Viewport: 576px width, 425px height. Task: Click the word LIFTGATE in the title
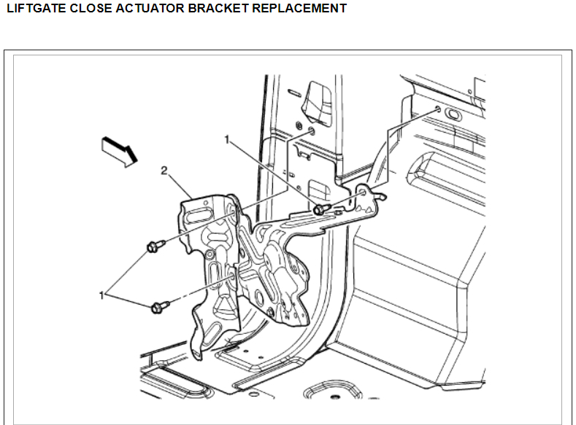(x=32, y=9)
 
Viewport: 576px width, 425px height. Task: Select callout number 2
(x=164, y=171)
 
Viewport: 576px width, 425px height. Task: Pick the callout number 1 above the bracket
(x=227, y=138)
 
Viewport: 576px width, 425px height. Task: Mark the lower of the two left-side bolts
(x=158, y=308)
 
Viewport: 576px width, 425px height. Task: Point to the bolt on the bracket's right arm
(x=320, y=209)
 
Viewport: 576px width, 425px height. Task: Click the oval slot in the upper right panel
(x=450, y=114)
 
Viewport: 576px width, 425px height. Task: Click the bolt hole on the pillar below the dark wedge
(x=311, y=132)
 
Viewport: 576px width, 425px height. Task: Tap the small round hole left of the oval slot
(x=436, y=109)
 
